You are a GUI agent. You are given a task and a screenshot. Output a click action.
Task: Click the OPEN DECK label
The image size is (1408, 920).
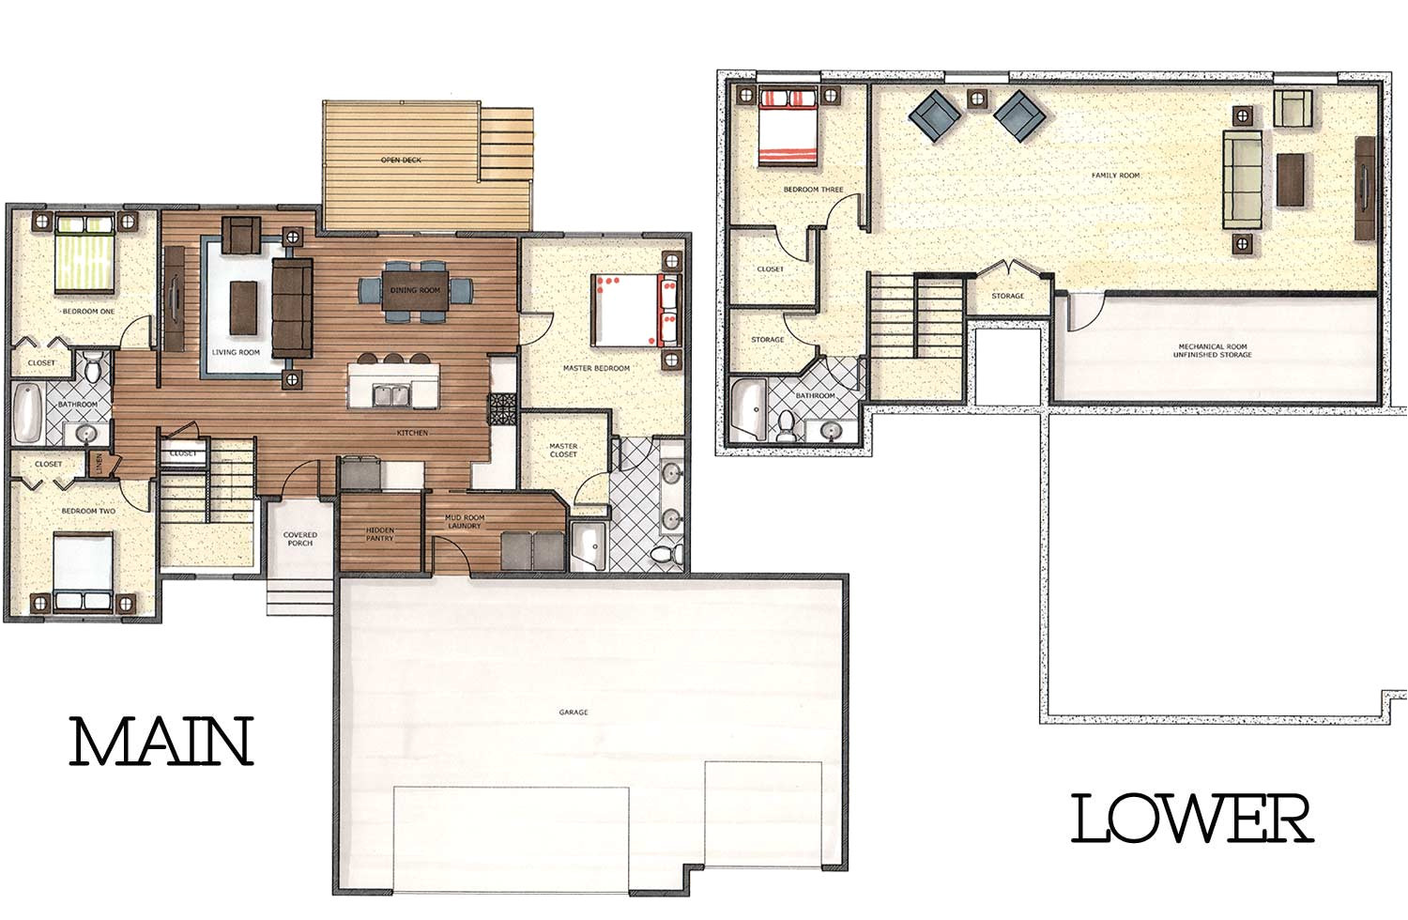[401, 161]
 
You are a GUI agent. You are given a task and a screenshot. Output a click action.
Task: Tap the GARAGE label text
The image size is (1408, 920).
[574, 713]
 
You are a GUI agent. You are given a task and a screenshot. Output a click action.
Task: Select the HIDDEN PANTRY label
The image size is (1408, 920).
[380, 535]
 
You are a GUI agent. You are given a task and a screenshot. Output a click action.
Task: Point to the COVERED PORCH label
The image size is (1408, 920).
[300, 539]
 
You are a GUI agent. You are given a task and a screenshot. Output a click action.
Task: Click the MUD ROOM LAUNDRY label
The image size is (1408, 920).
[465, 521]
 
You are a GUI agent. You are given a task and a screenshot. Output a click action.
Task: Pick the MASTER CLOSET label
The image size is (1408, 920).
[563, 451]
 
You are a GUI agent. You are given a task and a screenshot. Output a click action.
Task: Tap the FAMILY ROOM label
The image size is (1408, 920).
[1115, 176]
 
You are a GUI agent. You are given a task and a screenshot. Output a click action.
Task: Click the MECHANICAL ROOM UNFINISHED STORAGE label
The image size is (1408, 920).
[1215, 350]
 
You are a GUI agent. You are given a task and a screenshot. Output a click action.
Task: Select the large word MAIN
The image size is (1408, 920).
[162, 743]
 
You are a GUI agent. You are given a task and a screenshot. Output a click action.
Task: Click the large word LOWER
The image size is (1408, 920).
[1191, 819]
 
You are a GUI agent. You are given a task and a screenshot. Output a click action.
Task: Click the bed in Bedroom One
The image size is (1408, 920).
[85, 252]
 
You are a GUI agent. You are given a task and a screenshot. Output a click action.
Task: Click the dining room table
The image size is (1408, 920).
[414, 290]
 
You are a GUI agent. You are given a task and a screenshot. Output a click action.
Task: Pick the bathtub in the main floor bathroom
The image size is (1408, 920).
[26, 413]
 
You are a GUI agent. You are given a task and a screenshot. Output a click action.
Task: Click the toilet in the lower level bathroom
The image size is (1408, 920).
[786, 426]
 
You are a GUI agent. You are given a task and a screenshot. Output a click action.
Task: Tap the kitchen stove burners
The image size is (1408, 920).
[497, 410]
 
